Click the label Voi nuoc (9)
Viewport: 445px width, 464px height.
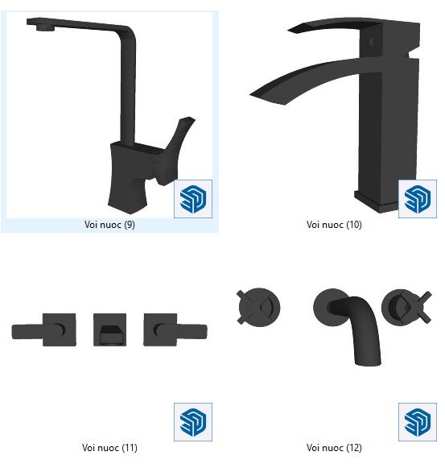(x=109, y=225)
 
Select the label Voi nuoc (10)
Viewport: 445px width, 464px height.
(x=334, y=225)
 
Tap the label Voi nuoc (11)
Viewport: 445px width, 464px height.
(x=109, y=447)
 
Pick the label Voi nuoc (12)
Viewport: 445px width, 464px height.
(x=334, y=447)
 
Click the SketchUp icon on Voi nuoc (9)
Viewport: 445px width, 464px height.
(x=193, y=199)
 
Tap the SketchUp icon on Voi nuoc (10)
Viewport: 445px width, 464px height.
(x=418, y=199)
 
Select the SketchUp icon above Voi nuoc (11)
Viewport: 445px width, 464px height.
(x=193, y=422)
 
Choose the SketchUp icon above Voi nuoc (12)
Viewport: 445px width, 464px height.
(x=418, y=422)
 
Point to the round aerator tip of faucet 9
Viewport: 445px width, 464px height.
(x=45, y=28)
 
